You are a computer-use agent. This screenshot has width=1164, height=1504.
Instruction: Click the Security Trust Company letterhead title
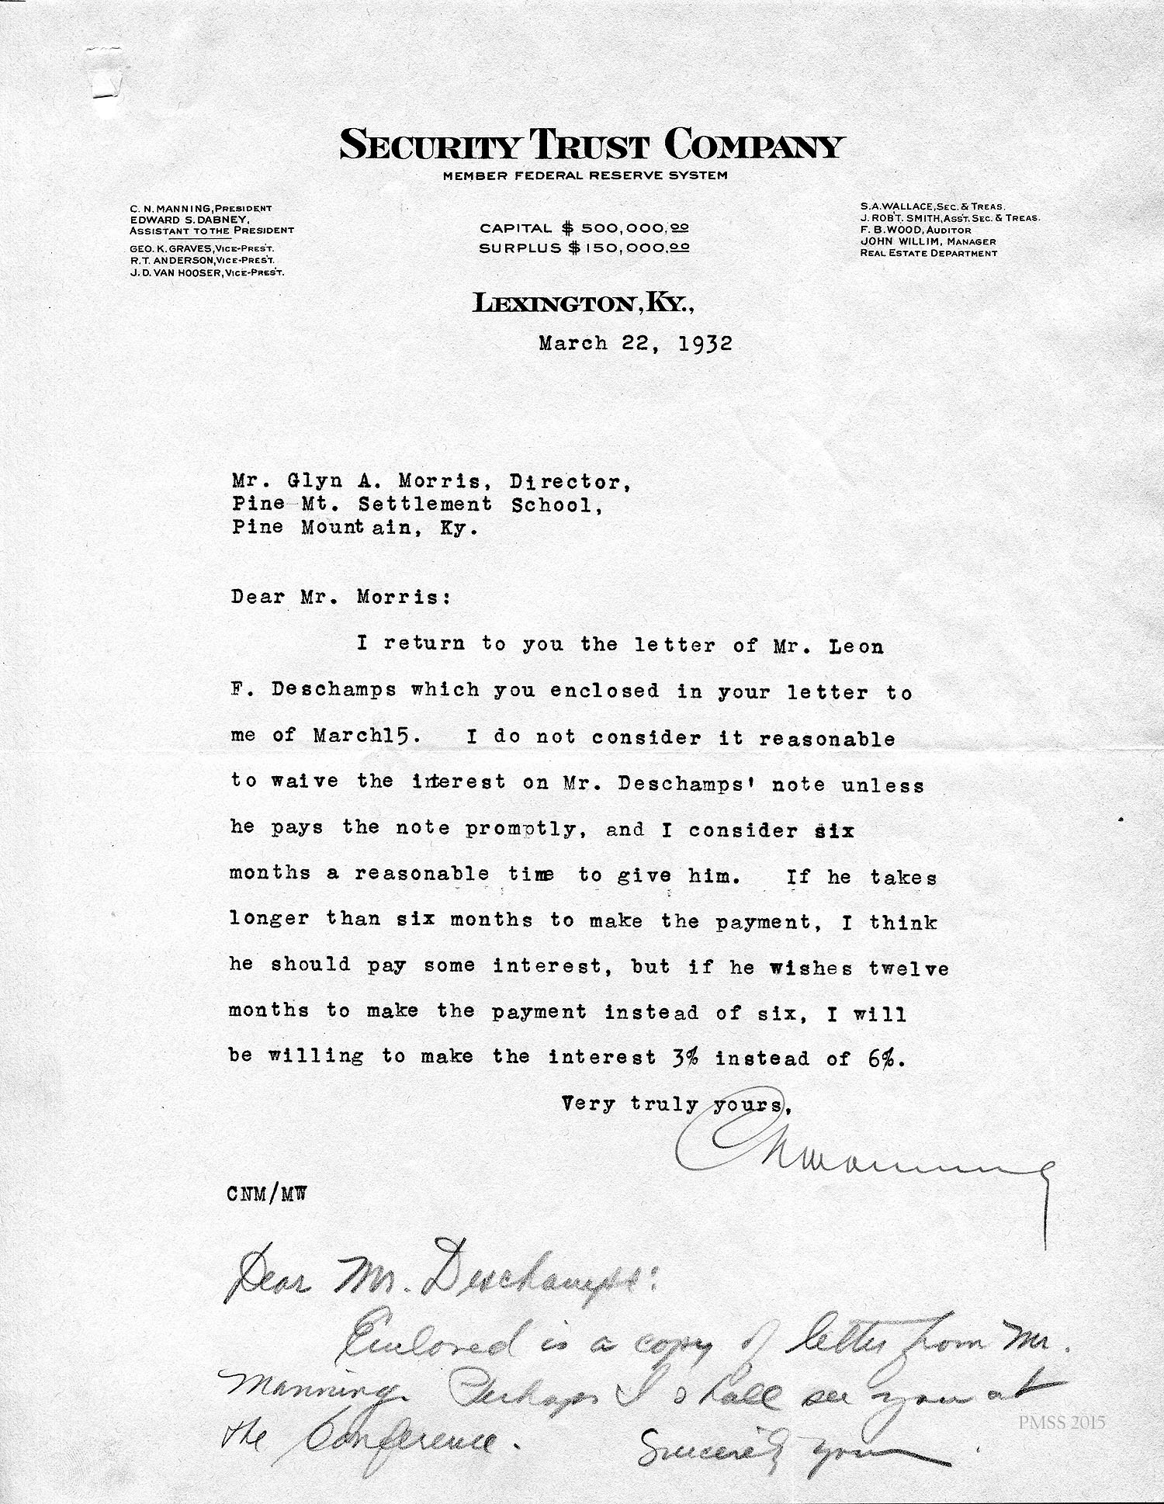[591, 146]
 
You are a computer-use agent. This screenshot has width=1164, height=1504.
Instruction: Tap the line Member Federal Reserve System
[585, 175]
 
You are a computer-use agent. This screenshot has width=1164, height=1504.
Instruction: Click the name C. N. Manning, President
[200, 208]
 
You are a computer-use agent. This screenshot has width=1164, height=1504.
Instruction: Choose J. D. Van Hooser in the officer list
[206, 272]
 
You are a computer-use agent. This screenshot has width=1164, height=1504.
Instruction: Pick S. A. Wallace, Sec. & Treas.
[932, 207]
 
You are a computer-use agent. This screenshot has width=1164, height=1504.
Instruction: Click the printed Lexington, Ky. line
[584, 304]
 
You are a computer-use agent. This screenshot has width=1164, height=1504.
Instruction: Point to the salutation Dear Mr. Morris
[340, 598]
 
